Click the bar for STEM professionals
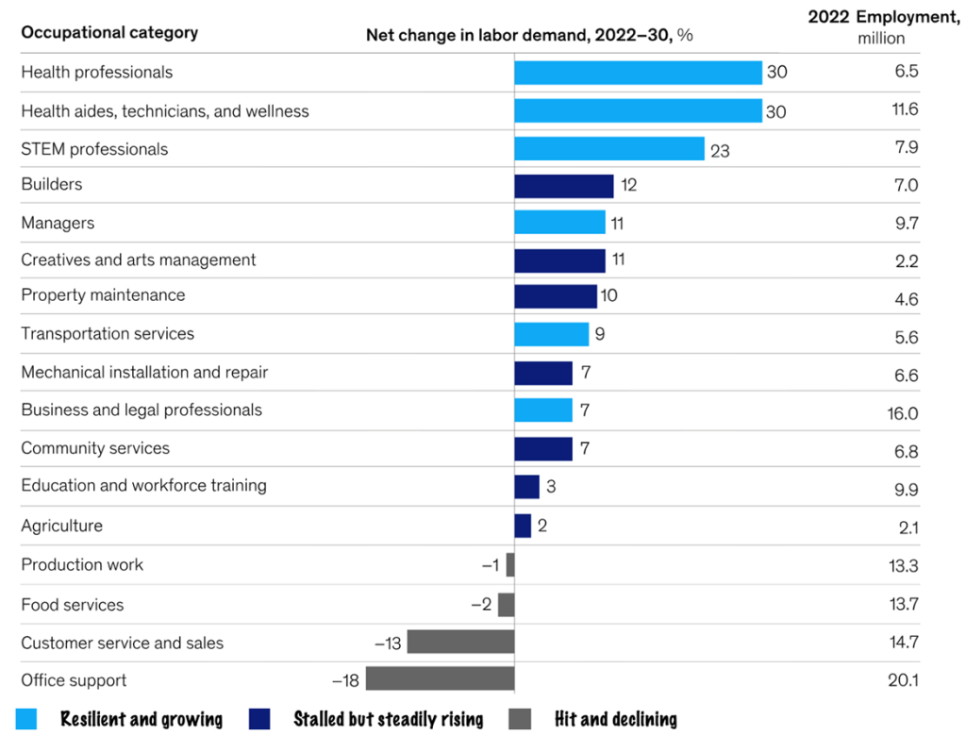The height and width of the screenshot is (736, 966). point(609,149)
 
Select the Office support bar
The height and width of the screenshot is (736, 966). point(441,678)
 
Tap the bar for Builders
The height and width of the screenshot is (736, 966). point(564,186)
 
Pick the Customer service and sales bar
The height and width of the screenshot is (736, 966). point(461,643)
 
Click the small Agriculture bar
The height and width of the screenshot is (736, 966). point(523,526)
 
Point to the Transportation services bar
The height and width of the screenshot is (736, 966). point(552,334)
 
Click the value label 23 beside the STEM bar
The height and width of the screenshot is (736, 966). point(720,150)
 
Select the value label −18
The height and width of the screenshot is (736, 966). point(346,680)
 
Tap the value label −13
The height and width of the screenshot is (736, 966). point(388,644)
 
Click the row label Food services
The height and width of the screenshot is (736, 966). point(73,604)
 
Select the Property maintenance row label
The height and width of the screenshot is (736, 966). point(103,295)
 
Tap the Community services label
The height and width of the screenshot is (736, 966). point(95,448)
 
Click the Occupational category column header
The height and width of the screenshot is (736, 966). point(109,33)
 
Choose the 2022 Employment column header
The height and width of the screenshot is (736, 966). point(883,27)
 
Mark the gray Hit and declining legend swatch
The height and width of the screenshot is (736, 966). point(520,719)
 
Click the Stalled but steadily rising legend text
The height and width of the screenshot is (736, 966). point(388,719)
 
